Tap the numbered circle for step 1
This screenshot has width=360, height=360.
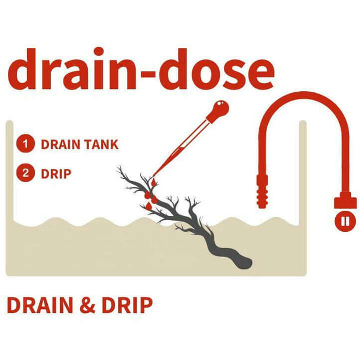pos(24,143)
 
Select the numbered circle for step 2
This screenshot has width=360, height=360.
pos(24,173)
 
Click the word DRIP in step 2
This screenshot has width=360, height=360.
pos(56,173)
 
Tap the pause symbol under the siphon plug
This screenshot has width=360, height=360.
pos(345,220)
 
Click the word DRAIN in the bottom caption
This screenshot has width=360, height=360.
pos(40,305)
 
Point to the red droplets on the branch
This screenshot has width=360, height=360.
pos(149,194)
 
